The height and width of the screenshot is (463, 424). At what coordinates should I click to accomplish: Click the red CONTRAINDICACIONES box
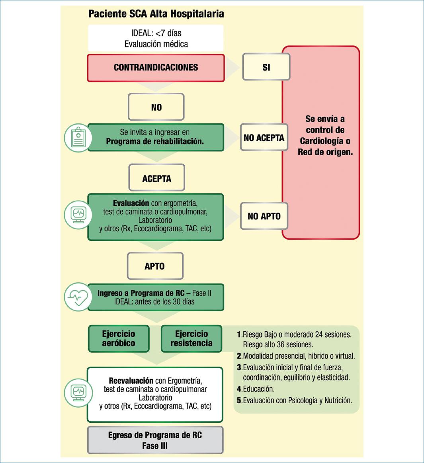[156, 68]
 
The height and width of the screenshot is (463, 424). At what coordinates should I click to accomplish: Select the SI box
[266, 68]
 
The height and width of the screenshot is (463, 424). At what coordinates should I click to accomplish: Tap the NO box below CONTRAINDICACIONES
[156, 107]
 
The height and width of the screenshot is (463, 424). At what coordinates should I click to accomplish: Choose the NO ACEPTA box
[264, 138]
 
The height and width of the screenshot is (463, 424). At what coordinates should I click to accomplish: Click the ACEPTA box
[156, 179]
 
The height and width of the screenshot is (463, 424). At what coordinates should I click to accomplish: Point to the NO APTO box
[264, 216]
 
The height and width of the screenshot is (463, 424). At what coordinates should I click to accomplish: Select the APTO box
[154, 266]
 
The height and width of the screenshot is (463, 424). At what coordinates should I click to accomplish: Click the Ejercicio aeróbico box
[119, 339]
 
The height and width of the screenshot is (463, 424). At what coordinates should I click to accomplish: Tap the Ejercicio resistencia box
[191, 339]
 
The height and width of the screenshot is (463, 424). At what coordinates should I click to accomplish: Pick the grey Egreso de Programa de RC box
[155, 440]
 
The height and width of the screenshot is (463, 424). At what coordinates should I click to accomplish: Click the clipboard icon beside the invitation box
[78, 138]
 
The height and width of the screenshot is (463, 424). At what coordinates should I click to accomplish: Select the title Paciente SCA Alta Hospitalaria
[156, 14]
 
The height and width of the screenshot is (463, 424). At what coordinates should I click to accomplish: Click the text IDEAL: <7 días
[156, 33]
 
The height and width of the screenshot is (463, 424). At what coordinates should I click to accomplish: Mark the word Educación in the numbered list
[258, 389]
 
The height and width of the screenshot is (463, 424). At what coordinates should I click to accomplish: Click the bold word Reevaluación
[131, 381]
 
